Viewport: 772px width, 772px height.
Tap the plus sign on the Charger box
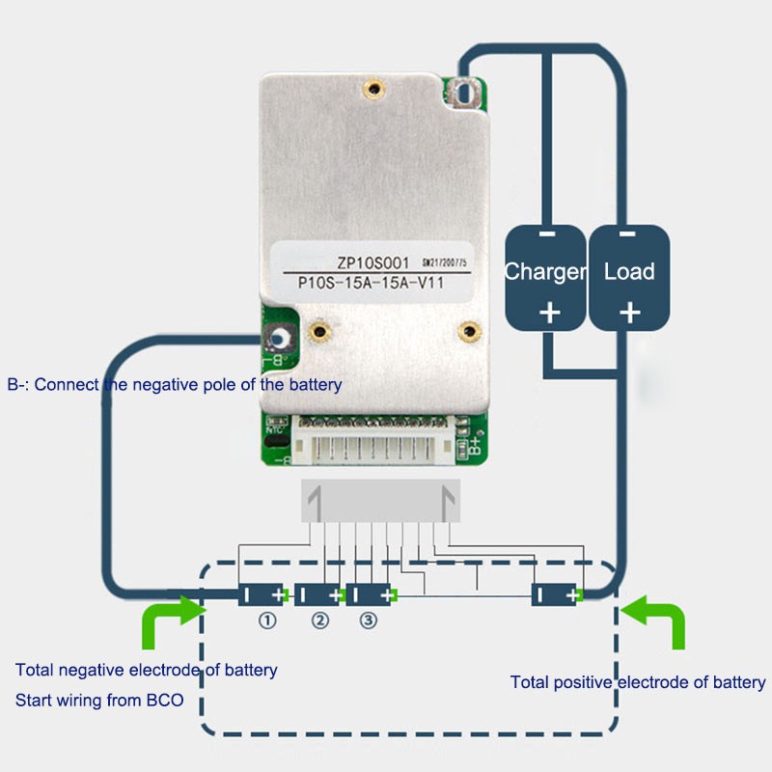pyautogui.click(x=548, y=313)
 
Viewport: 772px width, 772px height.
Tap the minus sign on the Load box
pyautogui.click(x=628, y=234)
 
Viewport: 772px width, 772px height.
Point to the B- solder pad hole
pyautogui.click(x=281, y=340)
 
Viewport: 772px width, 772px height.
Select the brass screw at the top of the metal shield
pyautogui.click(x=372, y=90)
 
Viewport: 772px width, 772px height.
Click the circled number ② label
pyautogui.click(x=319, y=622)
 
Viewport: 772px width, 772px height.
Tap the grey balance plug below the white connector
pyautogui.click(x=380, y=502)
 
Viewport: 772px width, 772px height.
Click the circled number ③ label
pyautogui.click(x=368, y=622)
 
